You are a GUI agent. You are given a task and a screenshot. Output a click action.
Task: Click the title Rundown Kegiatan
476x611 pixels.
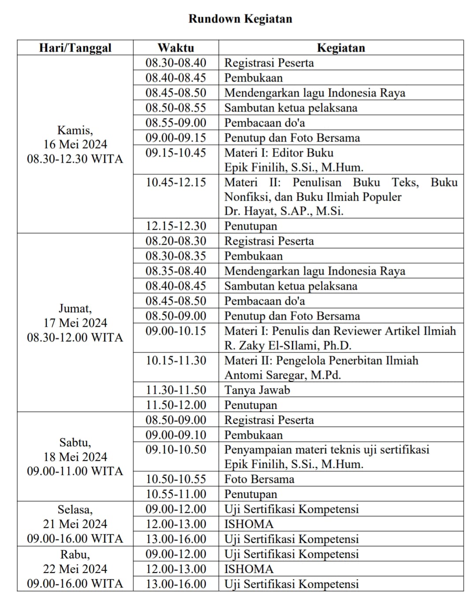(x=240, y=19)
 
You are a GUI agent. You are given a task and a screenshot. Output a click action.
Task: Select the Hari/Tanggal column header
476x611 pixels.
(x=75, y=48)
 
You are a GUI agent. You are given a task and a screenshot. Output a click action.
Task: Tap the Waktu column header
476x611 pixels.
(x=176, y=48)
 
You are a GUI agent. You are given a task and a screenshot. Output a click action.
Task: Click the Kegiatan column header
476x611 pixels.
(x=341, y=48)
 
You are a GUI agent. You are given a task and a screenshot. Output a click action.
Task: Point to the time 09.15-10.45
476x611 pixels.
(x=176, y=153)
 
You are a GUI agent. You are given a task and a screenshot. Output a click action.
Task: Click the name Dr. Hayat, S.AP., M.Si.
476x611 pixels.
(x=284, y=211)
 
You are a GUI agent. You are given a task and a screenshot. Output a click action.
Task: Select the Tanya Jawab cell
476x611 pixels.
(x=257, y=390)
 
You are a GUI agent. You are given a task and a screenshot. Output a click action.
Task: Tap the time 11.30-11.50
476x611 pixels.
(x=176, y=390)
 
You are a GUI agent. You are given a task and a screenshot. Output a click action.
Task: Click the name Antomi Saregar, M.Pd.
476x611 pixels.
(x=283, y=375)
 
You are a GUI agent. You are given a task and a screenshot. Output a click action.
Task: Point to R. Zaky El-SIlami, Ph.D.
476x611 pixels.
(x=288, y=345)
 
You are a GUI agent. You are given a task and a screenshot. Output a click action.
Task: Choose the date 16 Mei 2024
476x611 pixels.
(x=75, y=145)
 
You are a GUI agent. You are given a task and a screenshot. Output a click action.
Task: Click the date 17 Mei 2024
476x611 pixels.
(x=75, y=323)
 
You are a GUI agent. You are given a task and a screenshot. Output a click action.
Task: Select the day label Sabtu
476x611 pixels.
(x=75, y=442)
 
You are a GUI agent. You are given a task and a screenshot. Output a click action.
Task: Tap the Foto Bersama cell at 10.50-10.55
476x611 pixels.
(x=259, y=479)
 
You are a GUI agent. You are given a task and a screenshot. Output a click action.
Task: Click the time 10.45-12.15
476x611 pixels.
(x=176, y=183)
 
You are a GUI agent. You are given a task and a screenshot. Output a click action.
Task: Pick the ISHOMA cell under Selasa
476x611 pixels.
(x=249, y=524)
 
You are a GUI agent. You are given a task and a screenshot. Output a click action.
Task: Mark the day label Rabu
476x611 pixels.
(x=75, y=554)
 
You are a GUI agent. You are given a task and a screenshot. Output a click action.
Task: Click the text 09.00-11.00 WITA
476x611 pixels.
(x=75, y=471)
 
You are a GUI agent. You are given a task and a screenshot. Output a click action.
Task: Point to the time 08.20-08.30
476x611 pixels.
(x=176, y=241)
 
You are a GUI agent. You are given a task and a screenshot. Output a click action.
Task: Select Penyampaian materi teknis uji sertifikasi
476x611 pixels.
(x=327, y=450)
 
